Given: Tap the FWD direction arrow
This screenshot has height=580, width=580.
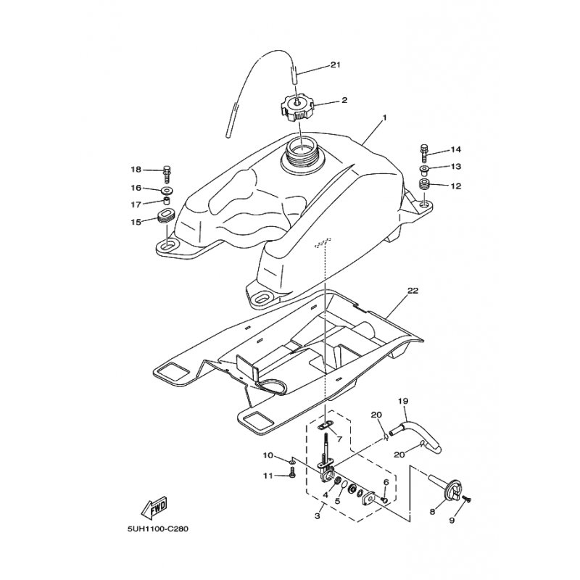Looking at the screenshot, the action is point(154,507).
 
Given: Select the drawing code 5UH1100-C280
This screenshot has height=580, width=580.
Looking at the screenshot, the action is point(158,529).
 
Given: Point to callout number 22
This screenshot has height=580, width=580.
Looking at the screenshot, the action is point(413,291).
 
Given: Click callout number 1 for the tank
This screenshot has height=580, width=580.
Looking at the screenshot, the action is point(384,117).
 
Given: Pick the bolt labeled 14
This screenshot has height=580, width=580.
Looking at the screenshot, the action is point(425,152).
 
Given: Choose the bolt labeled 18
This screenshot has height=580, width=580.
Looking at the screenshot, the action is point(167,173).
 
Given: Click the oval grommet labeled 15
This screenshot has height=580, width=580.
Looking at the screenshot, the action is point(165,216).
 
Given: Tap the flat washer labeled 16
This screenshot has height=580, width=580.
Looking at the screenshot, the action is point(168,191).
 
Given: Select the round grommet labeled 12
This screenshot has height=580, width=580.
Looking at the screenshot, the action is point(424,184).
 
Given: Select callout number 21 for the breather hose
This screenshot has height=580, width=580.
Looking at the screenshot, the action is point(335,65).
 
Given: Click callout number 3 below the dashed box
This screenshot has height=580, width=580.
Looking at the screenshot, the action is point(317,515).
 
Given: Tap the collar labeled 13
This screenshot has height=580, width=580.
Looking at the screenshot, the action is point(423,170).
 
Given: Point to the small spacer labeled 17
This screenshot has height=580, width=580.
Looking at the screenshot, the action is point(167,202).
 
